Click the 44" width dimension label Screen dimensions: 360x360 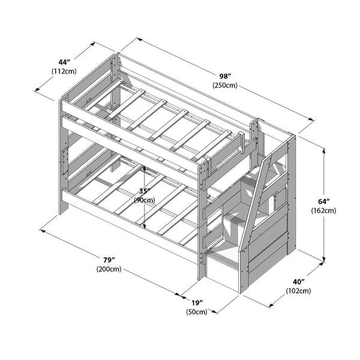(64, 62)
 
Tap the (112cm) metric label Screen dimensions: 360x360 (64, 72)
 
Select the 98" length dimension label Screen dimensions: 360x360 (224, 75)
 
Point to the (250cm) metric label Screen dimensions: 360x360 (224, 85)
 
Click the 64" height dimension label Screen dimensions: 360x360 (322, 200)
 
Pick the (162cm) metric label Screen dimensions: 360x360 (323, 211)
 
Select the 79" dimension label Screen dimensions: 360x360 (109, 259)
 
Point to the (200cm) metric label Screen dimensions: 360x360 (109, 269)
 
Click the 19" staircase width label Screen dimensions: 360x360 (196, 302)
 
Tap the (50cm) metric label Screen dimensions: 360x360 (196, 312)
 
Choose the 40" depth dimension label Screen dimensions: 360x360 (298, 281)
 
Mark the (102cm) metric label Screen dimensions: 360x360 (298, 292)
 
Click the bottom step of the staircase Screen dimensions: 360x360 (223, 260)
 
